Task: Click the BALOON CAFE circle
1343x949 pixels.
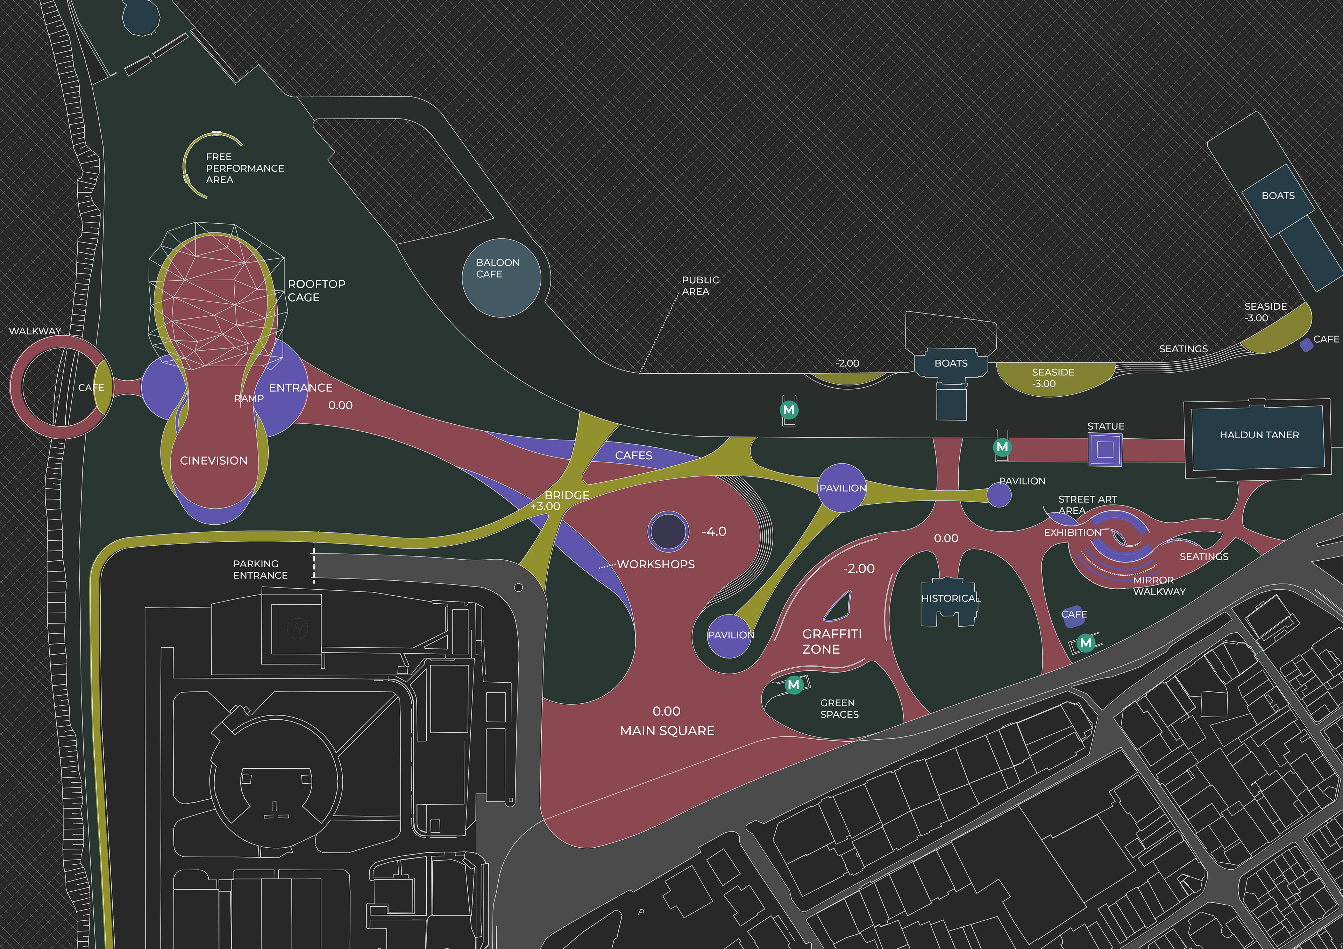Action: [x=501, y=278]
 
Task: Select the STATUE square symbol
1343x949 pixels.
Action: [x=1105, y=449]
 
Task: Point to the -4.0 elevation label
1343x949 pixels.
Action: [x=713, y=532]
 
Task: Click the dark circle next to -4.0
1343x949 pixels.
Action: [x=668, y=531]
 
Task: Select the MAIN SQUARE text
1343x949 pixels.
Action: [x=667, y=730]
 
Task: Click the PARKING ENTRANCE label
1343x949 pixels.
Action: [x=260, y=569]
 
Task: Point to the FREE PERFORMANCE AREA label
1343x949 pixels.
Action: [x=244, y=168]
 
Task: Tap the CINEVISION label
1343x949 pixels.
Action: [x=213, y=461]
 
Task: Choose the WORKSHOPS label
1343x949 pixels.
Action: [x=656, y=564]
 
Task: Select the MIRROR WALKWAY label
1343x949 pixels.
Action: [x=1159, y=585]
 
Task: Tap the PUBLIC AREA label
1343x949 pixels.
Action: [x=700, y=285]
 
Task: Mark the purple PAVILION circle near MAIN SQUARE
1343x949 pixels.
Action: [x=730, y=635]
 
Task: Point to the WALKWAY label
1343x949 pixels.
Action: [x=35, y=331]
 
